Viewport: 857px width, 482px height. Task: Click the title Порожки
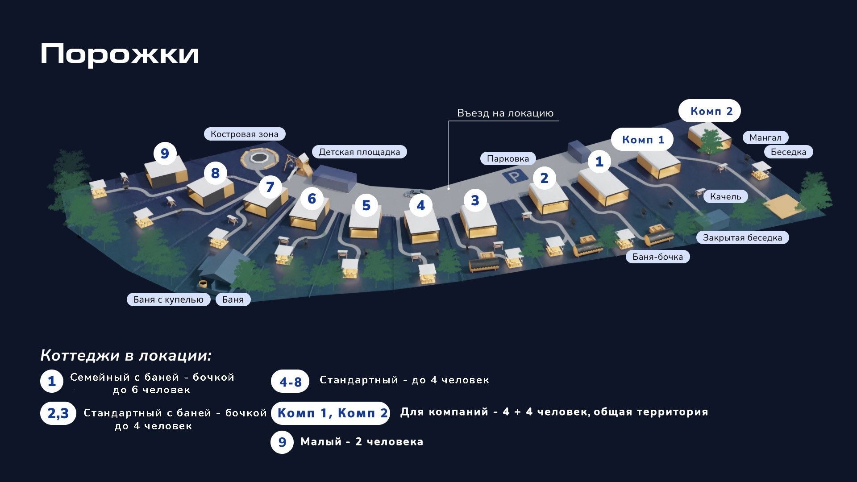pyautogui.click(x=120, y=54)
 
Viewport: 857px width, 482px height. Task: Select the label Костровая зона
pyautogui.click(x=245, y=134)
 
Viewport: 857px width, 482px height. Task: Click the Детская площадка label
pyautogui.click(x=359, y=152)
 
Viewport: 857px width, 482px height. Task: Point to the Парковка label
pyautogui.click(x=508, y=158)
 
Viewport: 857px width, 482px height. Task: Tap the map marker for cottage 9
pyautogui.click(x=165, y=154)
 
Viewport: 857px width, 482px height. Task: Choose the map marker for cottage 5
pyautogui.click(x=366, y=205)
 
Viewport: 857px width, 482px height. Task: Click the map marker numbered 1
pyautogui.click(x=599, y=162)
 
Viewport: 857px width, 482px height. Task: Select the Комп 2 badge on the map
pyautogui.click(x=710, y=111)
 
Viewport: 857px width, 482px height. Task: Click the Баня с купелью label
pyautogui.click(x=168, y=299)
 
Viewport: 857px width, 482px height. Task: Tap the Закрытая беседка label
pyautogui.click(x=743, y=237)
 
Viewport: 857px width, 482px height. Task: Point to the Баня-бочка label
pyautogui.click(x=658, y=257)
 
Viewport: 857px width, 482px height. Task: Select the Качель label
pyautogui.click(x=726, y=196)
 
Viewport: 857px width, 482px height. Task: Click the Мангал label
pyautogui.click(x=765, y=137)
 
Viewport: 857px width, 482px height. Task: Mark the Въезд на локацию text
pyautogui.click(x=505, y=113)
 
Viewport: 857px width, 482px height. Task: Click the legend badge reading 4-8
pyautogui.click(x=290, y=382)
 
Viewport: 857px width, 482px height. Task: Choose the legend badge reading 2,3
pyautogui.click(x=58, y=413)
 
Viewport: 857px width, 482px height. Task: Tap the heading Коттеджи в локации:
pyautogui.click(x=126, y=355)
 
